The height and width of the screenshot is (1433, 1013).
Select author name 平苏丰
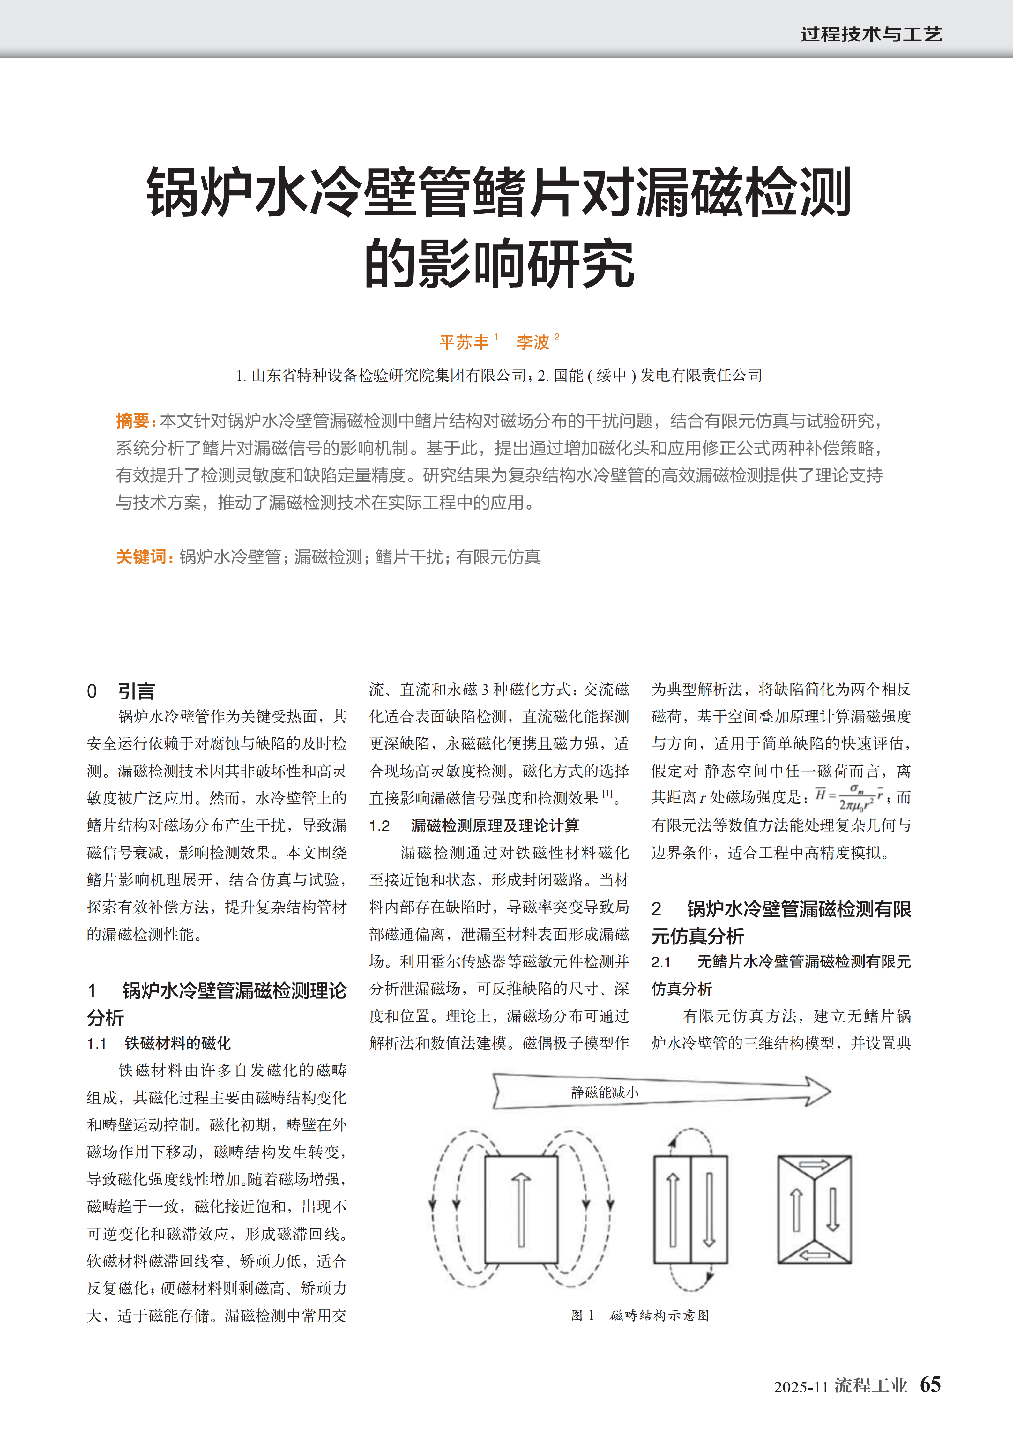(x=464, y=342)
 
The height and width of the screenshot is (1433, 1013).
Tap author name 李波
(x=533, y=342)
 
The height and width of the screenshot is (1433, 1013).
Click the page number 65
(x=930, y=1384)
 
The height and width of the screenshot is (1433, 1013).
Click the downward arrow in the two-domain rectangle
(x=708, y=1209)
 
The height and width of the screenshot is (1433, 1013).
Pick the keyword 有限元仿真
(x=498, y=557)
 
